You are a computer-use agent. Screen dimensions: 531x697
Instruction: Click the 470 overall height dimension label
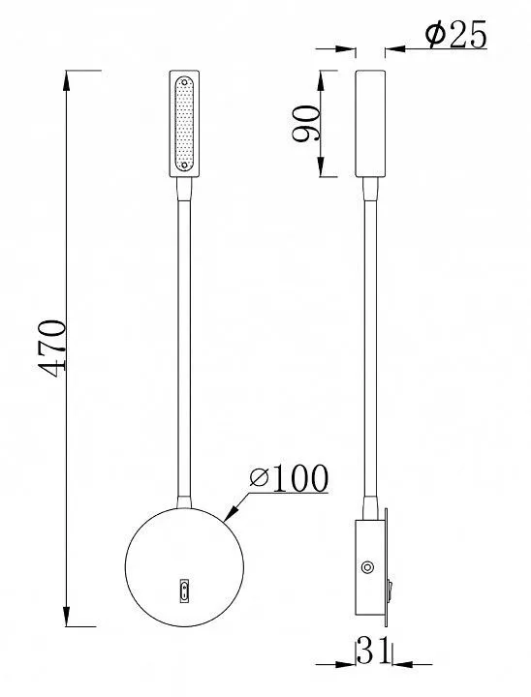(x=52, y=348)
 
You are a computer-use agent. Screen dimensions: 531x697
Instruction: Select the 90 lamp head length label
(x=306, y=123)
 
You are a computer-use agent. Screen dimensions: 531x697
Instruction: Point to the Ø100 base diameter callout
(x=289, y=478)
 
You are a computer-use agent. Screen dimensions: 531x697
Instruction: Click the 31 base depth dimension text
(x=373, y=651)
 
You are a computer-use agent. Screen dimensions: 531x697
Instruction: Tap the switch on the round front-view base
(x=185, y=591)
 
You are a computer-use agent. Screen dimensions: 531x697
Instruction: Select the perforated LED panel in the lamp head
(x=185, y=124)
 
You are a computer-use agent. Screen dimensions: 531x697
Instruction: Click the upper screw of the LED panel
(x=185, y=82)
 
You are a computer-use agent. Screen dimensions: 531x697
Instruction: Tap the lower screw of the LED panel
(x=185, y=166)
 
